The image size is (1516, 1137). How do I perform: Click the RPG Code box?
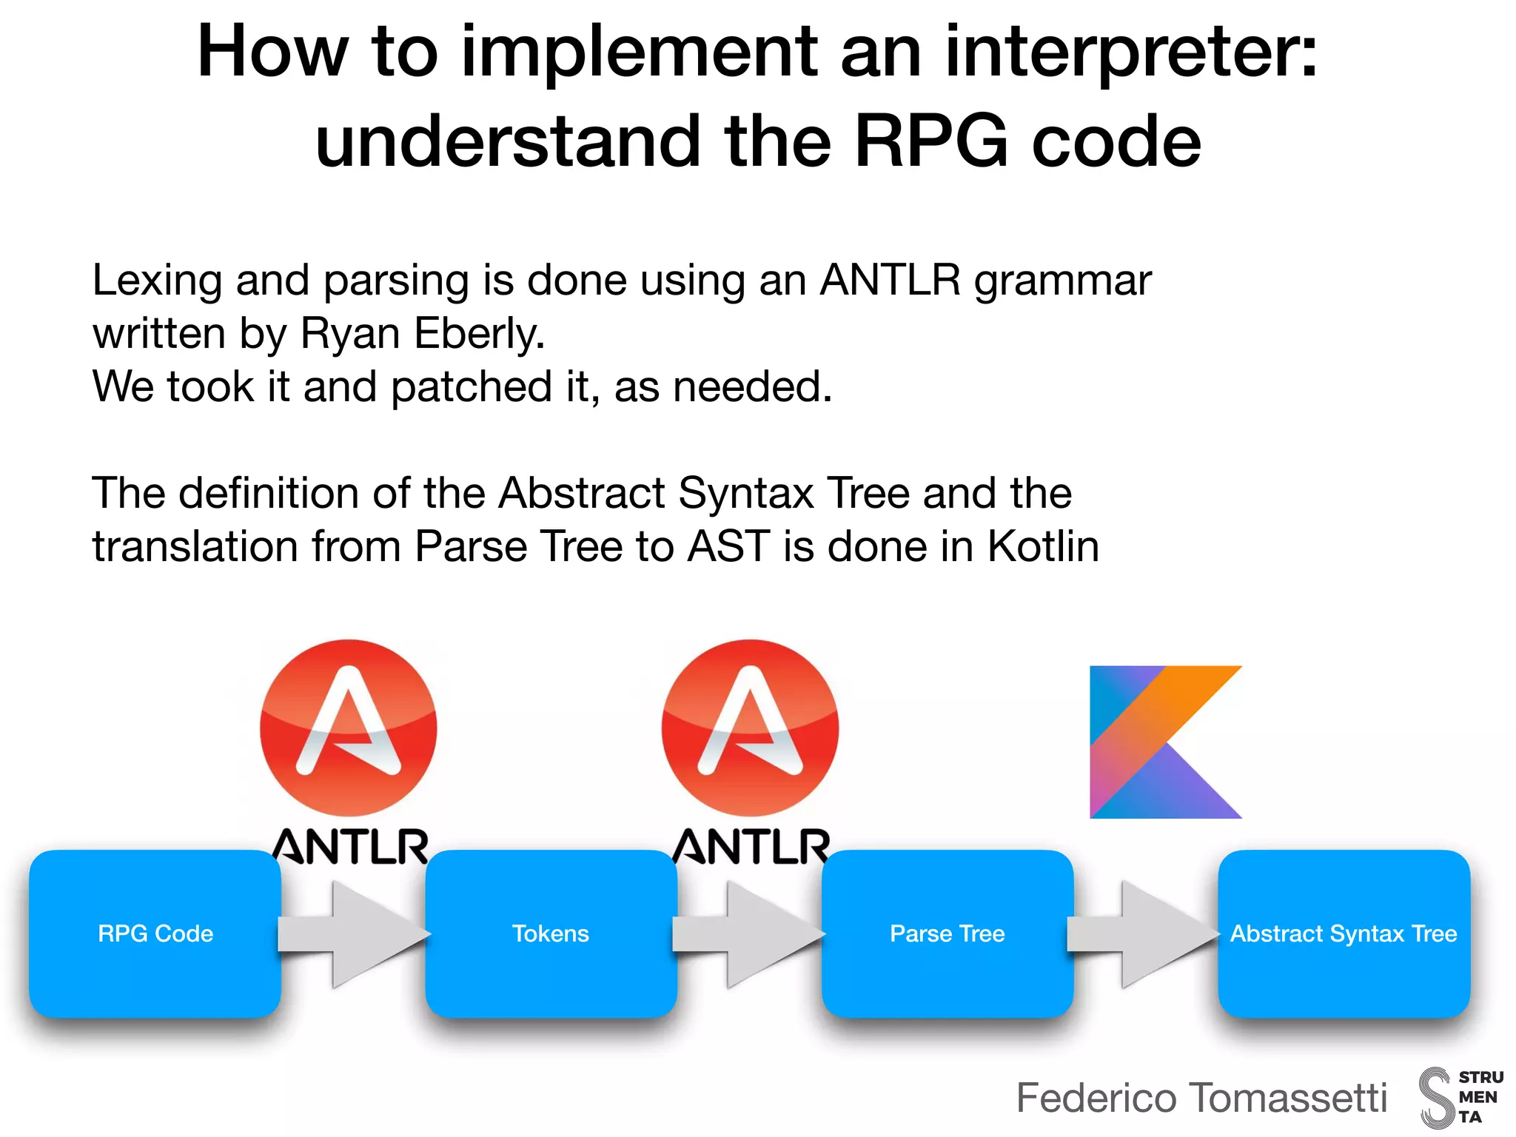coord(155,933)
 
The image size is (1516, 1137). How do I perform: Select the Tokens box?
coord(551,933)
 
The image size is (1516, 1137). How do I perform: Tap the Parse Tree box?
coord(947,933)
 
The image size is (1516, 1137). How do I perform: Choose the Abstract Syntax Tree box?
coord(1344,933)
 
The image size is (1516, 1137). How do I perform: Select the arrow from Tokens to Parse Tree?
coord(750,934)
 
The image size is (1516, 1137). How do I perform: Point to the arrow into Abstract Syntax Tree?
coord(1144,934)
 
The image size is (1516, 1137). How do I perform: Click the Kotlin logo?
coord(1165,742)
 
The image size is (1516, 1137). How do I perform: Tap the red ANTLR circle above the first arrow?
coord(348,728)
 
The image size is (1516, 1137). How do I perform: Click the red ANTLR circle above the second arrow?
coord(750,728)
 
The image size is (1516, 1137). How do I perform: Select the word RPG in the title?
coord(930,141)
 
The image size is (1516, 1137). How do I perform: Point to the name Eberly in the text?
coord(478,333)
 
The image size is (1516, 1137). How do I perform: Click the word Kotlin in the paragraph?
coord(1043,546)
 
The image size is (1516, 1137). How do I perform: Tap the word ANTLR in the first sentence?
coord(890,280)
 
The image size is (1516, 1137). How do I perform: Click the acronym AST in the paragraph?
coord(729,546)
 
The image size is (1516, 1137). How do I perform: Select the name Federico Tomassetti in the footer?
coord(1201,1097)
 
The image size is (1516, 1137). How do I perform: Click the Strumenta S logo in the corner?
coord(1436,1097)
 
